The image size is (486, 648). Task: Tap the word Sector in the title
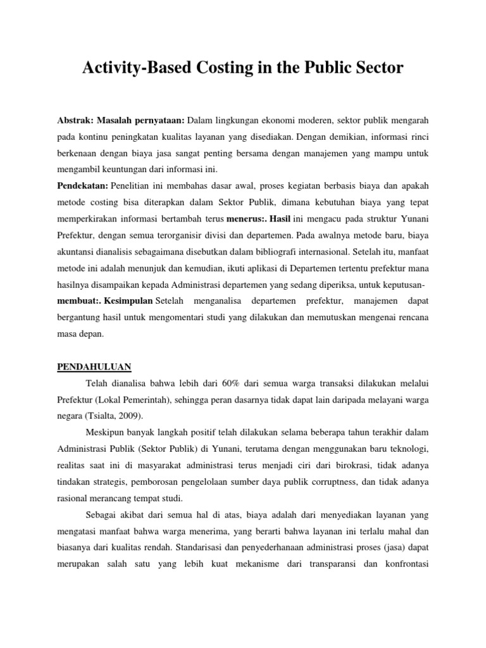pyautogui.click(x=376, y=68)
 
